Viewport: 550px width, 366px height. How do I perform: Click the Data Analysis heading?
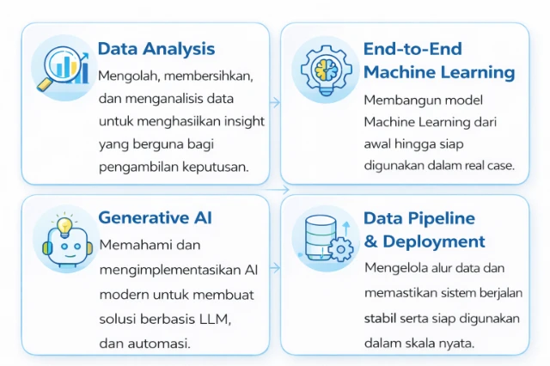click(156, 48)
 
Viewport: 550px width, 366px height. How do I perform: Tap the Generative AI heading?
click(156, 217)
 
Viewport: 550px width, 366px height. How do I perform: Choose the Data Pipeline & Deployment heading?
click(425, 229)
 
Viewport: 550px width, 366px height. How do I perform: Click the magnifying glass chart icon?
click(62, 66)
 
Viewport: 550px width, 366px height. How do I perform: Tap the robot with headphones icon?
click(63, 240)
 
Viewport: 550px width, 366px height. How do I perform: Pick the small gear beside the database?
click(340, 250)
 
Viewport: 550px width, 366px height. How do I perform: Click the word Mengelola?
click(397, 268)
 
